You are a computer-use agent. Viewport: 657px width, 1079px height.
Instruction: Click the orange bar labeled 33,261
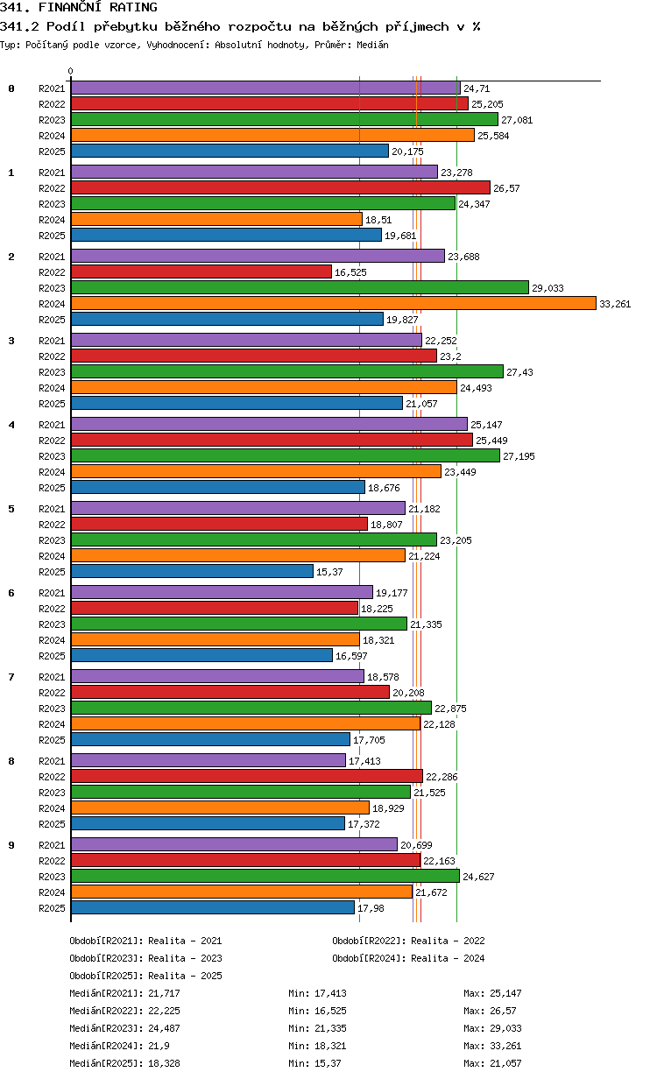(333, 303)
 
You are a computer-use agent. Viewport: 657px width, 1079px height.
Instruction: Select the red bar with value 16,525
(201, 272)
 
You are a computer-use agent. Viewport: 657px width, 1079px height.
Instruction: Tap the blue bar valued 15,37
(192, 571)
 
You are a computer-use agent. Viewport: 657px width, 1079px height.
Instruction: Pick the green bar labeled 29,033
(300, 287)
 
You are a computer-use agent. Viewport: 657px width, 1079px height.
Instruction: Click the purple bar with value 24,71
(265, 88)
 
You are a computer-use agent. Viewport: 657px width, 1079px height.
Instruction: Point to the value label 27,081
(517, 120)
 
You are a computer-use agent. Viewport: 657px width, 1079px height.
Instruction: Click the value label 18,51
(378, 220)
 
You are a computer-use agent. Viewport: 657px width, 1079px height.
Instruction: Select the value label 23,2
(450, 356)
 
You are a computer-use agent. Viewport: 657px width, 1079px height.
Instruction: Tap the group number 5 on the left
(11, 509)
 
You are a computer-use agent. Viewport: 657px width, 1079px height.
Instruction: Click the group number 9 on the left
(11, 845)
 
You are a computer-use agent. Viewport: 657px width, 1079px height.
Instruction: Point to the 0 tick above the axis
(71, 71)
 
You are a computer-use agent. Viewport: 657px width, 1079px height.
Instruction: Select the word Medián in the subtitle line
(372, 45)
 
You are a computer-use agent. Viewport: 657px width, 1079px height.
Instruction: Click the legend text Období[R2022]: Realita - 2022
(408, 941)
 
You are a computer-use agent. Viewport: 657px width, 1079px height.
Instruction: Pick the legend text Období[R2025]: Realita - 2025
(146, 976)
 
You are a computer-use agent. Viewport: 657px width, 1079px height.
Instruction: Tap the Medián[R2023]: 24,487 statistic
(124, 1028)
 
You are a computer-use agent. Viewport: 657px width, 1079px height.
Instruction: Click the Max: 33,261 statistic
(492, 1046)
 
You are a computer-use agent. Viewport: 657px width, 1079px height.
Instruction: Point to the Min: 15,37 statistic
(314, 1063)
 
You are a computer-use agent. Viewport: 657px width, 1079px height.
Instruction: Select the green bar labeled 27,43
(287, 371)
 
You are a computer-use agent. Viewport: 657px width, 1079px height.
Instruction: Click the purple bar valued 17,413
(208, 760)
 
